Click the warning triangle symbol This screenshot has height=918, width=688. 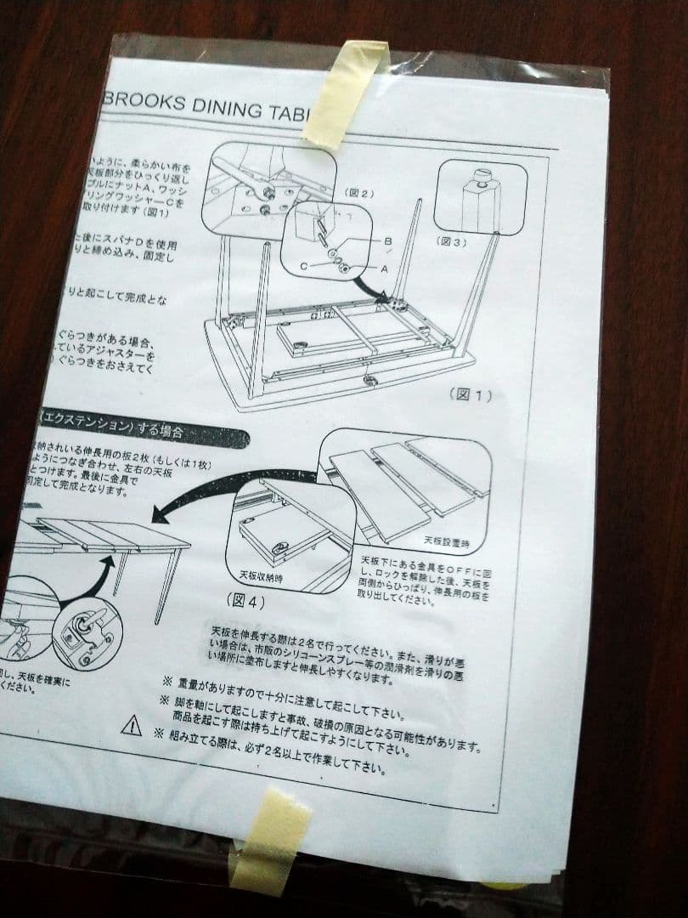coord(132,725)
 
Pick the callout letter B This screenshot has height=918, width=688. coord(387,241)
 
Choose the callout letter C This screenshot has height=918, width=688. coord(302,265)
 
